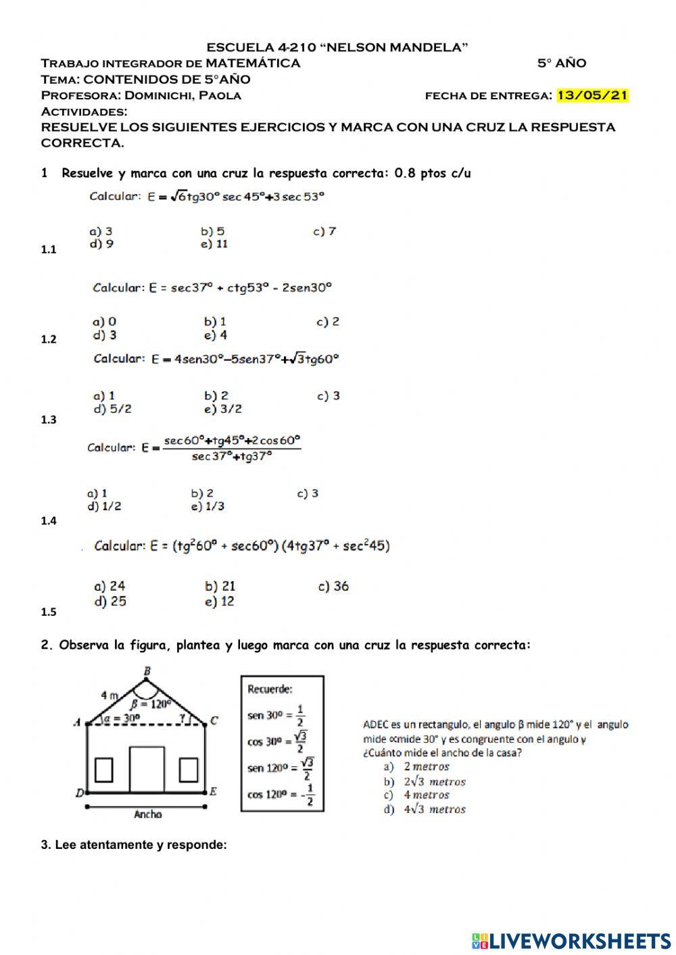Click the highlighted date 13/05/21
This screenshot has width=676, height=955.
tap(592, 95)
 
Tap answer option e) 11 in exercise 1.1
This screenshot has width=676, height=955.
tap(214, 245)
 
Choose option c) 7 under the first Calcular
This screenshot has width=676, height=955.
tap(324, 232)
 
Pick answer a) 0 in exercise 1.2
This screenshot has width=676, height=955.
tap(104, 322)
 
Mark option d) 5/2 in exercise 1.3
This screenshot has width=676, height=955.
tap(112, 409)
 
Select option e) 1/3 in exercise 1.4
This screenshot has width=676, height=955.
tap(208, 506)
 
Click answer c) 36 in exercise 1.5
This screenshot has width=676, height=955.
tap(333, 586)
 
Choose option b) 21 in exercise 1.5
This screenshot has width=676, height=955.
tap(220, 586)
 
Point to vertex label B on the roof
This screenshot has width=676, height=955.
tap(147, 671)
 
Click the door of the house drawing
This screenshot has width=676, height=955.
tap(147, 769)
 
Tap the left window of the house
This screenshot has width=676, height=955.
tap(103, 770)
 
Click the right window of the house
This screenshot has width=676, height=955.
tap(189, 770)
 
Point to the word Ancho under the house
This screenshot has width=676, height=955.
tap(147, 814)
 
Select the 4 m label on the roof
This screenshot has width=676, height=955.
tap(110, 694)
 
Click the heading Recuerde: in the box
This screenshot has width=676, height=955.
tap(270, 689)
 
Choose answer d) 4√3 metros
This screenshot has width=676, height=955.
tap(425, 809)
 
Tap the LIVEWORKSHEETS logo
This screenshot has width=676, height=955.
tap(571, 940)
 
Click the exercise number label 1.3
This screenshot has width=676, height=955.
tap(49, 420)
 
